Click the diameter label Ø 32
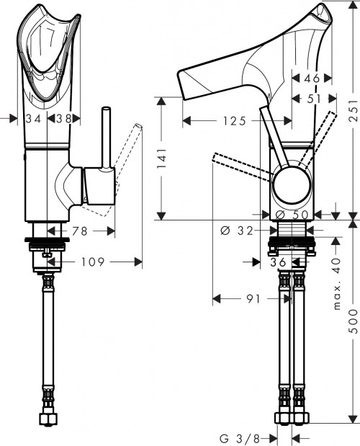point(234,231)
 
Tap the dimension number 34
point(33,118)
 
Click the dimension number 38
point(63,118)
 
